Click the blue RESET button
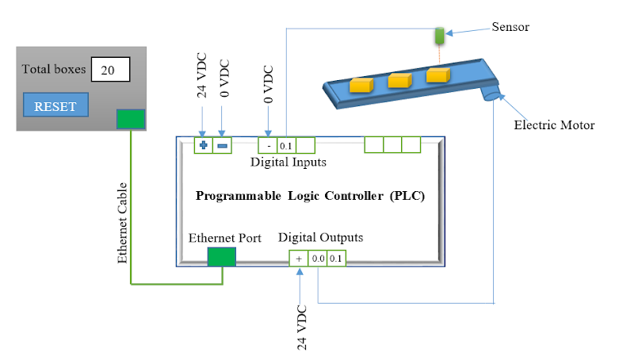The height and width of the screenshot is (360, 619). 55,106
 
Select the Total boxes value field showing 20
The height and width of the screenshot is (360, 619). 110,70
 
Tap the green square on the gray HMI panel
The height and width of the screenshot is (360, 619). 131,119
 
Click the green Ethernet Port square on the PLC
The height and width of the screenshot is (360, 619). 221,256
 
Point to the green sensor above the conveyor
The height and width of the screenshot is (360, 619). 438,36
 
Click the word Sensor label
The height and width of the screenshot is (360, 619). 510,27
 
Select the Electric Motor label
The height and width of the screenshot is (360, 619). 554,124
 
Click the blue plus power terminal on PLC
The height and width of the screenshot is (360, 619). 204,146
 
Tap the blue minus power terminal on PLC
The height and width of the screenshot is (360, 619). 223,146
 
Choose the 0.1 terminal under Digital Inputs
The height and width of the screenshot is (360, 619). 286,146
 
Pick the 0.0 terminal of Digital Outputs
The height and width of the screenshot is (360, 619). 318,258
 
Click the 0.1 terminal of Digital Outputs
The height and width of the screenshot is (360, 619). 336,258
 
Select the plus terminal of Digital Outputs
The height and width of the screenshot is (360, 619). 299,258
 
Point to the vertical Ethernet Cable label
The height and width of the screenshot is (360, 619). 123,223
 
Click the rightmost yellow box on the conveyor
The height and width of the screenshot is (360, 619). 438,75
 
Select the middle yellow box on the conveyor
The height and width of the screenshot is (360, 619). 399,79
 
